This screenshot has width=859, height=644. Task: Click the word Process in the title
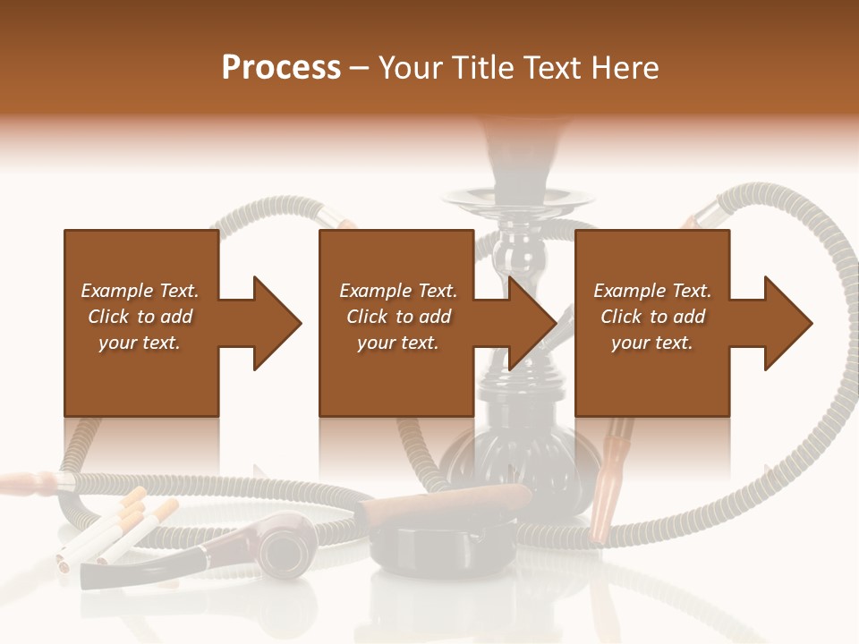tap(281, 68)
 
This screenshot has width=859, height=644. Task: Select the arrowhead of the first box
tap(277, 323)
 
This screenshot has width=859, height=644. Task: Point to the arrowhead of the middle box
tap(533, 323)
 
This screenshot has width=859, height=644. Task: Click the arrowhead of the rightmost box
tap(788, 323)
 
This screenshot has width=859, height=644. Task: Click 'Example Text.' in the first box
tap(140, 291)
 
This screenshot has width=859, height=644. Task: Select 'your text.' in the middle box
tap(397, 343)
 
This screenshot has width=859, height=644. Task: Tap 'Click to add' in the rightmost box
tap(652, 317)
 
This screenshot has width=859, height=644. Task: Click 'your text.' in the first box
tap(140, 343)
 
